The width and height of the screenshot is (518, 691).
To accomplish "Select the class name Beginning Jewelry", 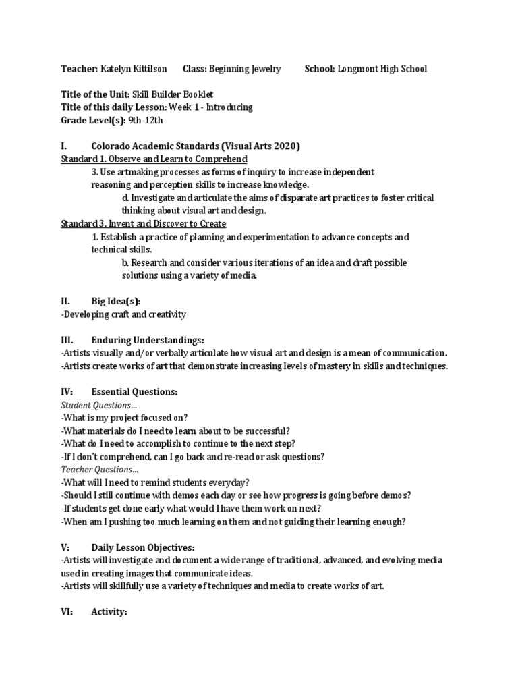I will [x=245, y=69].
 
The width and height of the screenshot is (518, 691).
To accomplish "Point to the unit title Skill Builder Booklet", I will [x=178, y=95].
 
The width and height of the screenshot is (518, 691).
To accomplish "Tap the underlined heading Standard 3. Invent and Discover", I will [x=143, y=223].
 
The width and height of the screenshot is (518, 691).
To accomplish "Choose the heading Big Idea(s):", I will [x=115, y=302].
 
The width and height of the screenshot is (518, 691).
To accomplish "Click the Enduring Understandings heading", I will [x=148, y=340].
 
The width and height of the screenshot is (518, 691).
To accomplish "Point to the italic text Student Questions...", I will [x=98, y=405].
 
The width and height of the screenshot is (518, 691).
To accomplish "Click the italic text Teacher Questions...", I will [x=99, y=470].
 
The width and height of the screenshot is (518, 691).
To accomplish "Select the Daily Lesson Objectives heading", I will [x=142, y=547].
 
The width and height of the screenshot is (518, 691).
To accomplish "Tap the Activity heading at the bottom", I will [x=109, y=612].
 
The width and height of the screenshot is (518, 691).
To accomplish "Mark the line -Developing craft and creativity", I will [x=123, y=314].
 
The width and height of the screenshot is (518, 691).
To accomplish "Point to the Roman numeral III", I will [x=66, y=340].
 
